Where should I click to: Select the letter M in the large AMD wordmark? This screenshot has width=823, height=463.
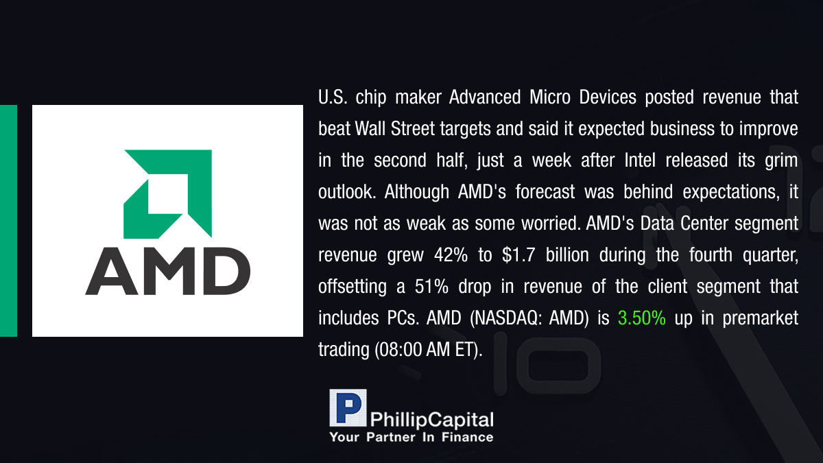pyautogui.click(x=168, y=271)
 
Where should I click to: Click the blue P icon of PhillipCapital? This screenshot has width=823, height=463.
pyautogui.click(x=348, y=407)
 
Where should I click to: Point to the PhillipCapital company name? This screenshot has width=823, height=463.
pyautogui.click(x=431, y=420)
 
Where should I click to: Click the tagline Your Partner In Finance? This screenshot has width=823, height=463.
pyautogui.click(x=411, y=437)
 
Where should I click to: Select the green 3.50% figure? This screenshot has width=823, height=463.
pyautogui.click(x=641, y=318)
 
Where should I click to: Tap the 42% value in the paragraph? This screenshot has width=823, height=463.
pyautogui.click(x=451, y=254)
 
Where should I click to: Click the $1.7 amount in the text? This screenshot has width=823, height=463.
pyautogui.click(x=518, y=254)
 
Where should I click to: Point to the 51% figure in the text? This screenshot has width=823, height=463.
pyautogui.click(x=431, y=286)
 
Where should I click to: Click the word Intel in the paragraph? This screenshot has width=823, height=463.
pyautogui.click(x=640, y=161)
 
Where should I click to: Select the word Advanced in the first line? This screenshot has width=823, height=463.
pyautogui.click(x=485, y=97)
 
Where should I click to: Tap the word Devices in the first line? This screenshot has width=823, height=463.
pyautogui.click(x=608, y=97)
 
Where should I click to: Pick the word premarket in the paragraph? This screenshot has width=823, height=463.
pyautogui.click(x=760, y=318)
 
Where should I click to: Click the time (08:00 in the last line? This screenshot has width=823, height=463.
pyautogui.click(x=398, y=350)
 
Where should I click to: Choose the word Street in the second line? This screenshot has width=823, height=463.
pyautogui.click(x=413, y=129)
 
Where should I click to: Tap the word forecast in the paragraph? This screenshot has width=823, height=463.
pyautogui.click(x=545, y=192)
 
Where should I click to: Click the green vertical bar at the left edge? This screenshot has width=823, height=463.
pyautogui.click(x=8, y=221)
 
